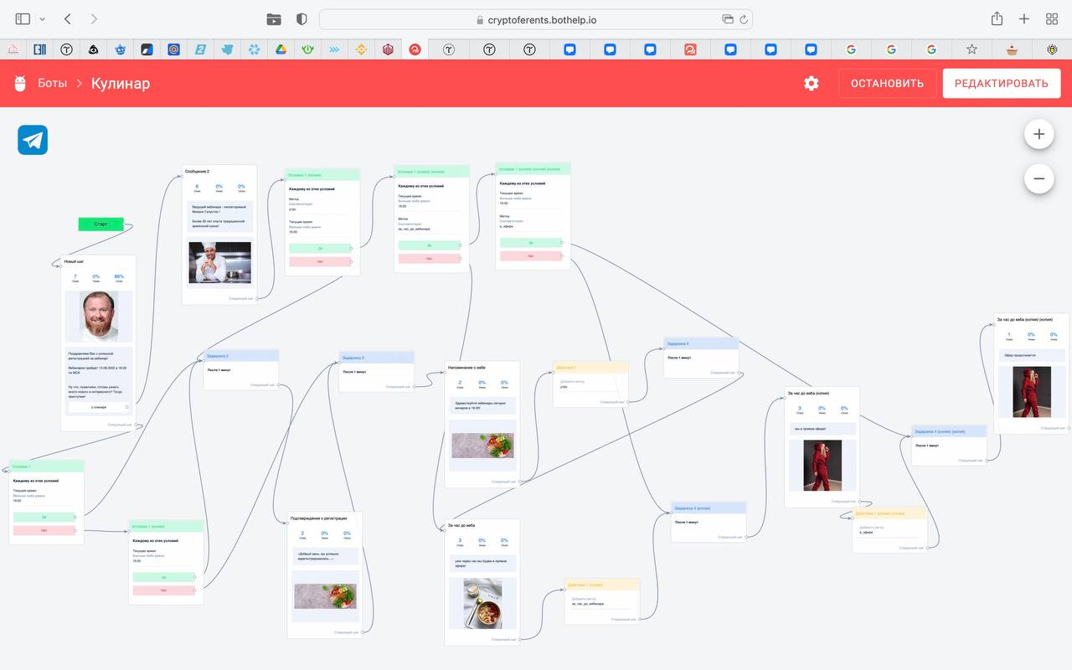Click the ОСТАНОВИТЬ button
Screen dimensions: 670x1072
click(x=887, y=83)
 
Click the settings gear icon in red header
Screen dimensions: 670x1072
click(x=811, y=83)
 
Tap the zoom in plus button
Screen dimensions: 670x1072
click(x=1038, y=134)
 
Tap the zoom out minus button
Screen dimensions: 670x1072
click(x=1038, y=178)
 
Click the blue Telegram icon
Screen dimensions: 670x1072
click(x=33, y=140)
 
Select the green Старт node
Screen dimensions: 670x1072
click(x=100, y=224)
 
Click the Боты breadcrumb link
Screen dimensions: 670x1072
click(x=52, y=83)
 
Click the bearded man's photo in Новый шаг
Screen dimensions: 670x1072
click(x=99, y=316)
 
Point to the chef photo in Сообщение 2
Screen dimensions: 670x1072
click(x=219, y=263)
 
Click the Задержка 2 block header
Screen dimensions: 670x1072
click(x=241, y=356)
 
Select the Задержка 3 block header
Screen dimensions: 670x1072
click(x=376, y=358)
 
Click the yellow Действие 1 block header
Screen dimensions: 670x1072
click(x=590, y=368)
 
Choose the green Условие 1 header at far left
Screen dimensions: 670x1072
click(x=46, y=466)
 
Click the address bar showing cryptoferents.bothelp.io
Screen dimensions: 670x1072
click(x=535, y=19)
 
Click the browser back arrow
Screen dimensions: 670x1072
click(x=68, y=18)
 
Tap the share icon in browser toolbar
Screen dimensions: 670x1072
click(x=997, y=18)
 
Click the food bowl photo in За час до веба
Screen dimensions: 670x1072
click(x=482, y=603)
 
